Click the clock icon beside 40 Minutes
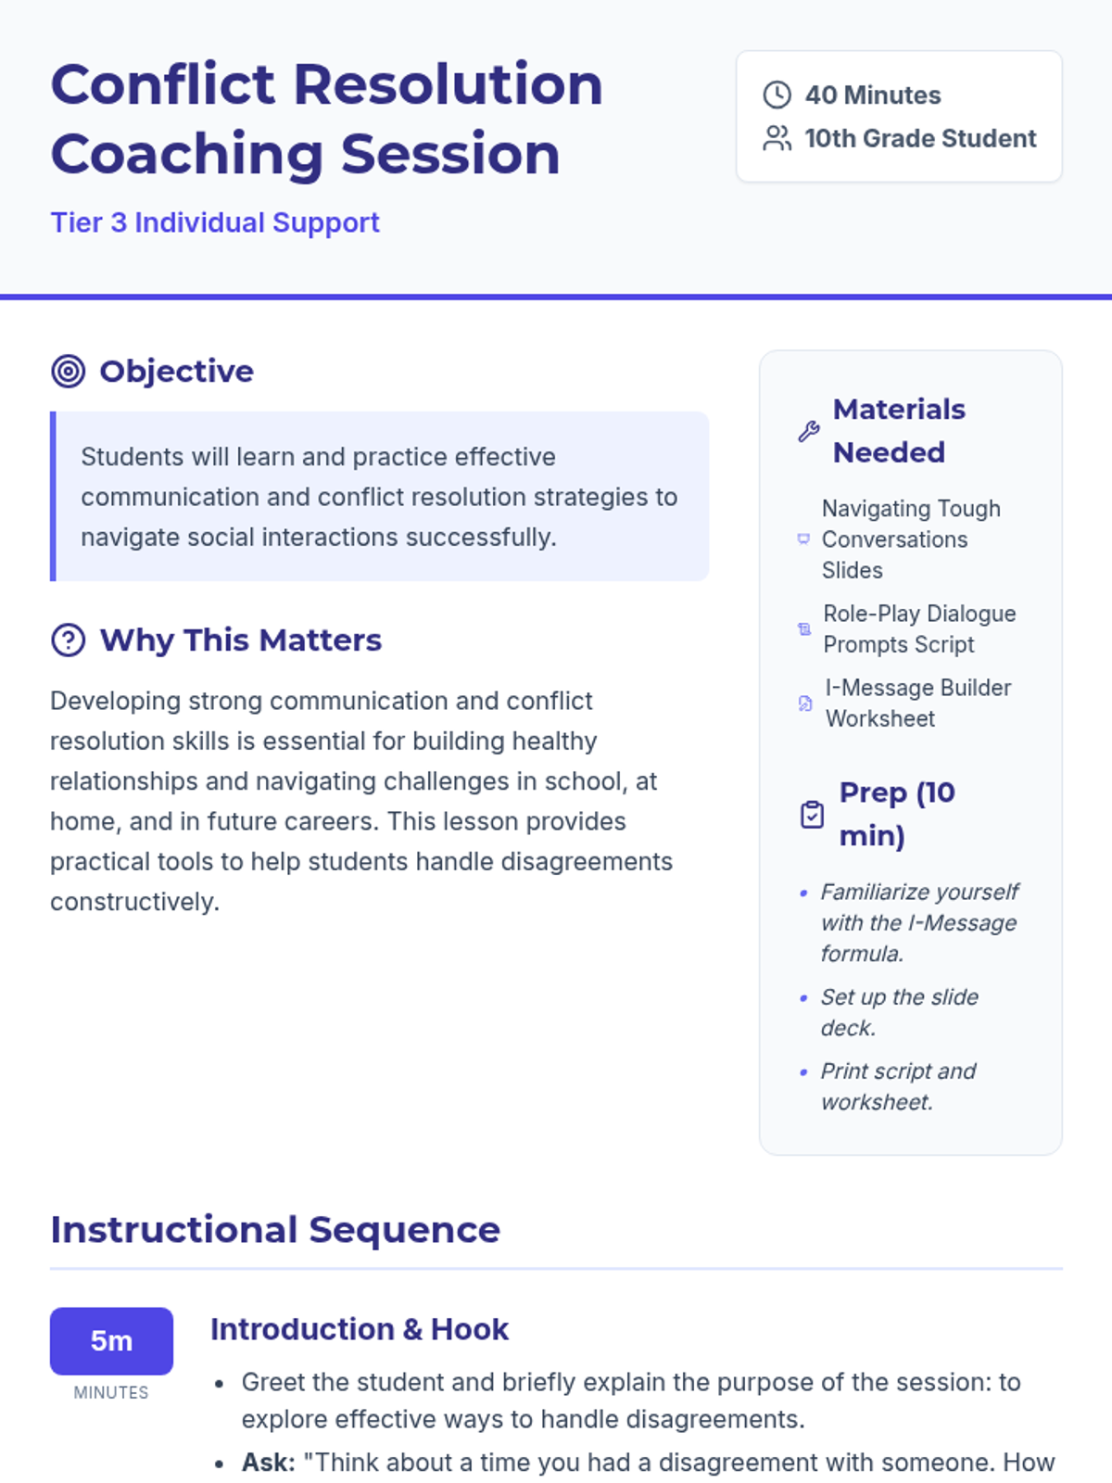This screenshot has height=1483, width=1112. pos(777,95)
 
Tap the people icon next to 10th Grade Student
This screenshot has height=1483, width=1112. pos(777,138)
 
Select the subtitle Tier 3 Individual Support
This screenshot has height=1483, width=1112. pos(215,223)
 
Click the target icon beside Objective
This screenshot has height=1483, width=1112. pos(69,372)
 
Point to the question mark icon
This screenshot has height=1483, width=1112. pos(69,640)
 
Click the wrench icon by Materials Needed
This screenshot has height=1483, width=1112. pos(809,431)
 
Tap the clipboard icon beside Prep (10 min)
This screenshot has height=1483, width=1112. pos(812,814)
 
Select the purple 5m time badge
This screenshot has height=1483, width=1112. pos(111,1340)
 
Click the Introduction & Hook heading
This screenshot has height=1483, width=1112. pos(360,1329)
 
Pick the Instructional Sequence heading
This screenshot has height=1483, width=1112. pos(275,1230)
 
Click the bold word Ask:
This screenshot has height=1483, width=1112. pos(269,1462)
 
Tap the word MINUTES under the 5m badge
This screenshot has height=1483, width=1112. pos(111,1392)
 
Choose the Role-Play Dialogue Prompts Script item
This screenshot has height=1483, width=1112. pos(919,629)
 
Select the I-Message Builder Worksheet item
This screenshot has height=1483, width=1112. pos(918,703)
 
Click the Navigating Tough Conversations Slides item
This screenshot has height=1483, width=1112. pos(911,539)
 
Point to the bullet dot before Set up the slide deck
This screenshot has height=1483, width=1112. pos(803,998)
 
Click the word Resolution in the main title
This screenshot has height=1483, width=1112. pos(449,85)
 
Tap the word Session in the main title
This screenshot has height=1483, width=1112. pos(450,155)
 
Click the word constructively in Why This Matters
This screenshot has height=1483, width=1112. pos(134,902)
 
